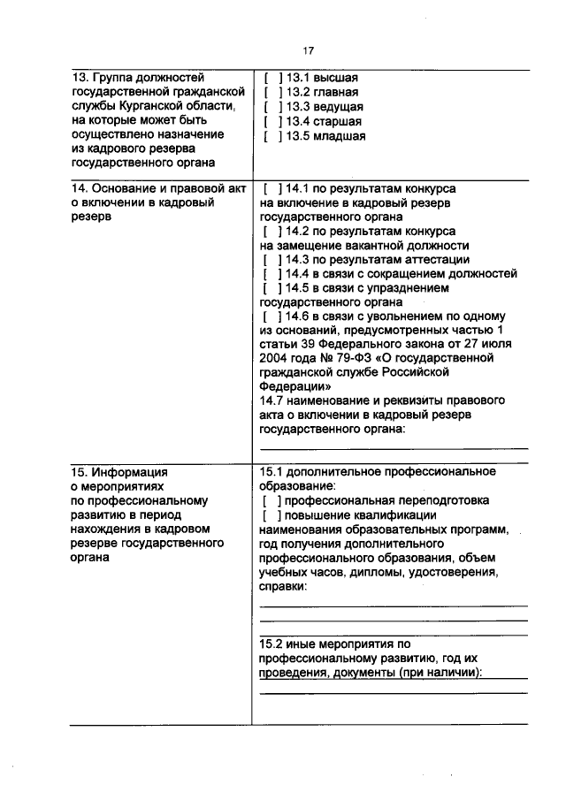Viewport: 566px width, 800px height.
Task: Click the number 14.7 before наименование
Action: [x=272, y=400]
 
